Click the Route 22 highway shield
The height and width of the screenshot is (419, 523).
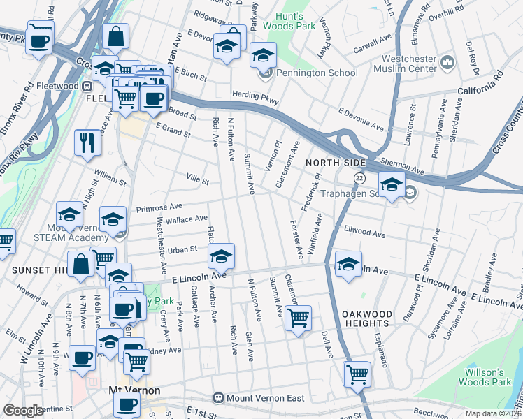tap(358, 179)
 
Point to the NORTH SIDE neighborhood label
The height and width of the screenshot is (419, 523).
tap(331, 162)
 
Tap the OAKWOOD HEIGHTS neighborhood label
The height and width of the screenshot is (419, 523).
tap(366, 318)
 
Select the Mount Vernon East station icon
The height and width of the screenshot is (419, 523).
tap(219, 398)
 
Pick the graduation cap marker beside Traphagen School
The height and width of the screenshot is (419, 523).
tap(392, 185)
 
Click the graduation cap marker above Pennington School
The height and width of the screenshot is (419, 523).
tap(264, 55)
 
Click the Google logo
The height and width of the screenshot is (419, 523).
tap(23, 411)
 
